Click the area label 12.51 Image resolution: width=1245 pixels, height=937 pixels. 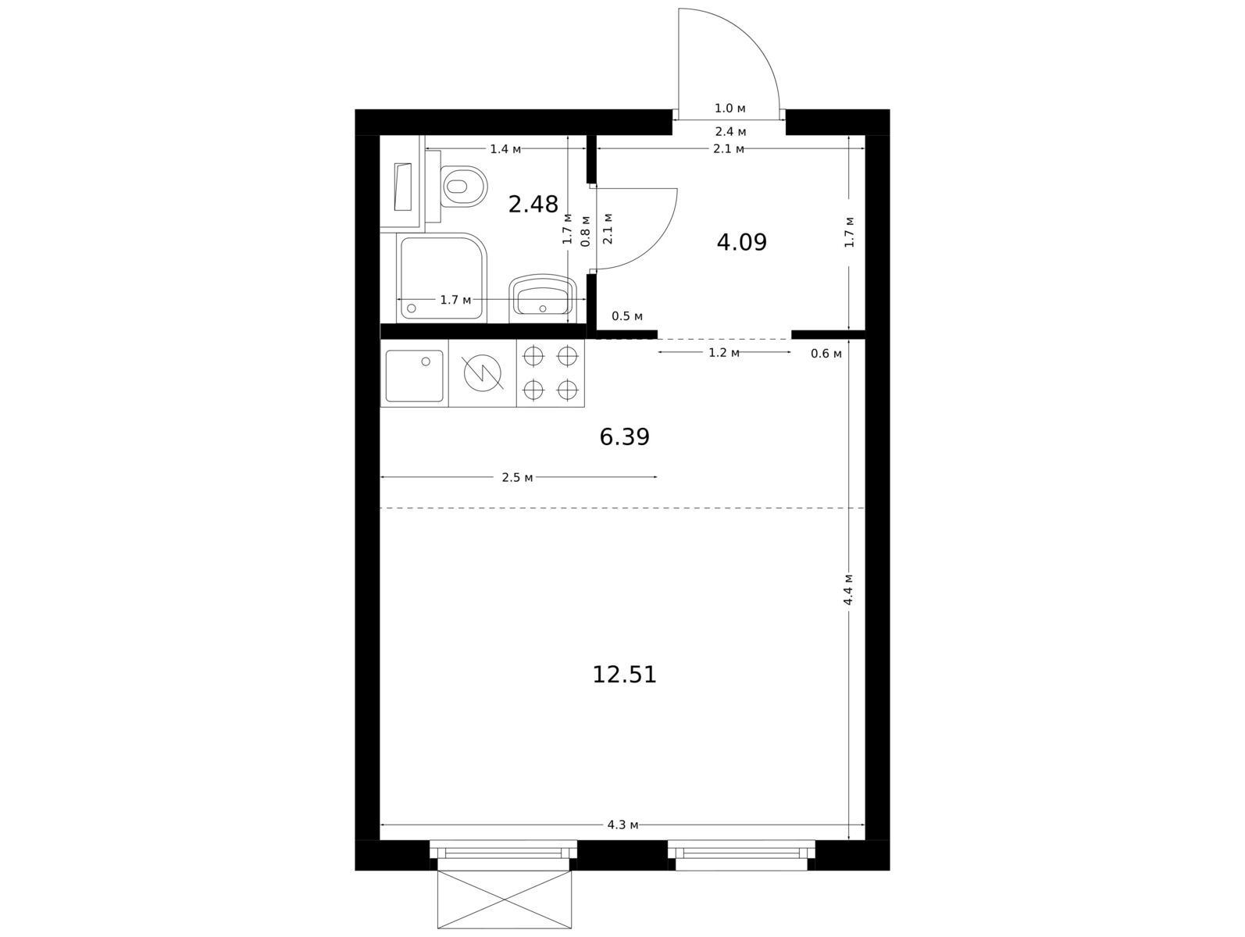[x=624, y=675]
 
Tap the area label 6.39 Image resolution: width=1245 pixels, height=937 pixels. [x=624, y=437]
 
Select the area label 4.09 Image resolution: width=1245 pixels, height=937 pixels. [x=741, y=242]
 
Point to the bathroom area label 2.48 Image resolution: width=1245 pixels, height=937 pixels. [x=533, y=204]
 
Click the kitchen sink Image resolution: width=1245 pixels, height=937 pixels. [x=414, y=376]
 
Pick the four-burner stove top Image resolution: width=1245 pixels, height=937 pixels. [x=550, y=373]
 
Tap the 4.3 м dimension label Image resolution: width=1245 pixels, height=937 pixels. [x=622, y=825]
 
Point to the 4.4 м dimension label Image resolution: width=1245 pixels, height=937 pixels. [x=848, y=590]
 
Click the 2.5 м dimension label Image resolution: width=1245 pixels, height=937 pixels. [x=517, y=478]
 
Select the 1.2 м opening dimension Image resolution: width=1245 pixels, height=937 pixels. [x=724, y=353]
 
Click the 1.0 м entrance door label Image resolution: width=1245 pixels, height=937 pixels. [x=730, y=108]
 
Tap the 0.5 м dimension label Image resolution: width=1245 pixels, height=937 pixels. [x=626, y=316]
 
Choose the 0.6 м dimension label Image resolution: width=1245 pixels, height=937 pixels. [x=826, y=354]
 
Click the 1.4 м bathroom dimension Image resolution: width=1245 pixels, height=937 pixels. [x=505, y=149]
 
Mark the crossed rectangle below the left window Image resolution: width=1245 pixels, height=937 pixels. [x=505, y=899]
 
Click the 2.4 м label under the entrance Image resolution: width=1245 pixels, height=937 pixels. [x=730, y=132]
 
